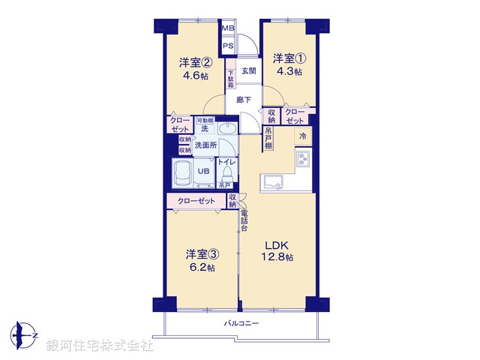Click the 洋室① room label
287,58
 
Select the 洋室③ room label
200,253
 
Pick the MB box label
228,30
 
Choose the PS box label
228,46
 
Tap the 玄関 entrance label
249,71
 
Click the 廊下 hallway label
244,99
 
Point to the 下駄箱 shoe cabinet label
231,80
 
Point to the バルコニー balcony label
241,323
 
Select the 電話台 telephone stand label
244,222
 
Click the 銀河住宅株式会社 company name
100,346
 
